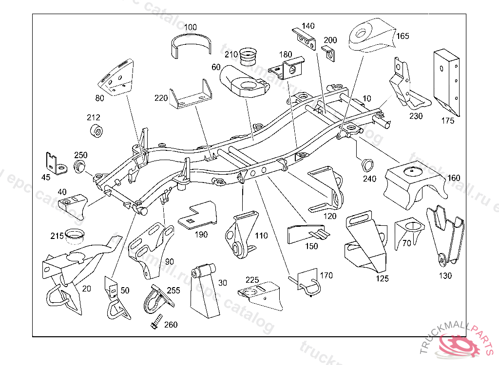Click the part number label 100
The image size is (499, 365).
tap(191, 27)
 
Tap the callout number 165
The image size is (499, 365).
tap(403, 36)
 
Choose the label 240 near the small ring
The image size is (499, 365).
tap(370, 179)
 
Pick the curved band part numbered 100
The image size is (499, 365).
tap(192, 46)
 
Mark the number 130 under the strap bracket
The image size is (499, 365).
tap(445, 275)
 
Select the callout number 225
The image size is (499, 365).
tap(252, 280)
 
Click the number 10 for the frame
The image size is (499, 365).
tap(367, 99)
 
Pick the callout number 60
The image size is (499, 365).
tap(216, 67)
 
